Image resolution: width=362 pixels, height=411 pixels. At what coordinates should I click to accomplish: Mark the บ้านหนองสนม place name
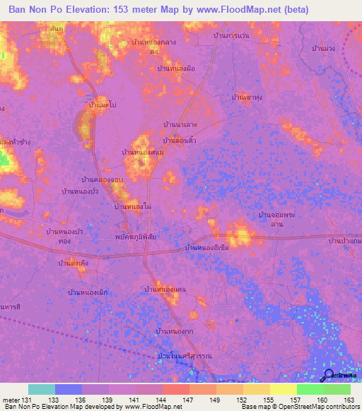(143, 153)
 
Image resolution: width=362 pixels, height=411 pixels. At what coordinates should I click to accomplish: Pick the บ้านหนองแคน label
(165, 289)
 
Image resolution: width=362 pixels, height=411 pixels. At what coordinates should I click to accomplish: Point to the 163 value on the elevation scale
(349, 399)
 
